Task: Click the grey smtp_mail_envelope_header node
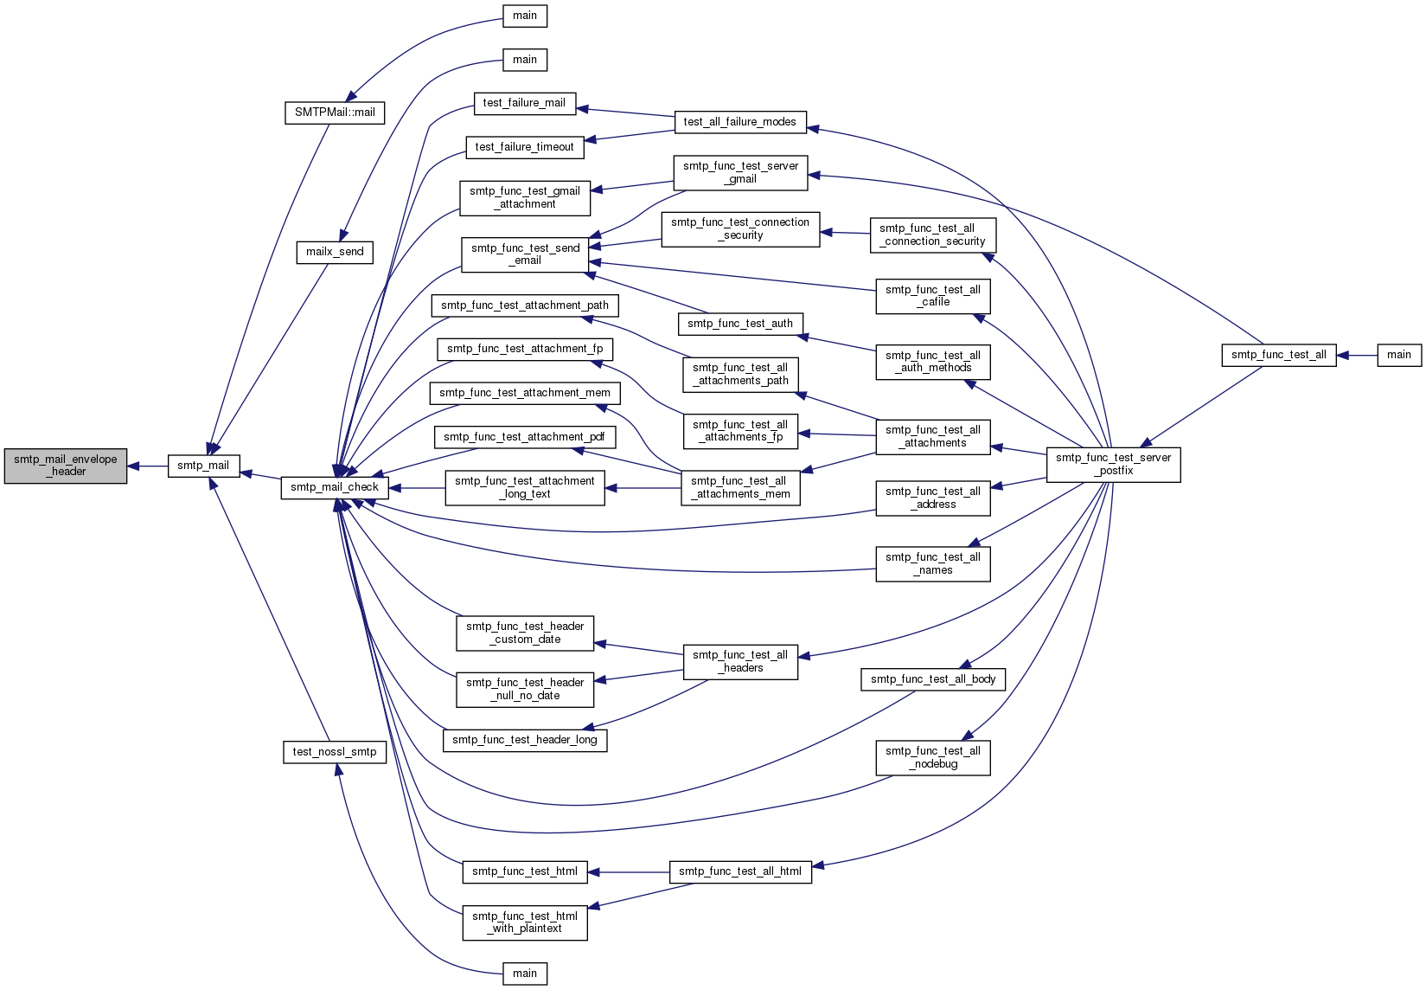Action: [x=66, y=466]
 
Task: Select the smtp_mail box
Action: [x=204, y=466]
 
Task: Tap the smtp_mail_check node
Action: [x=335, y=487]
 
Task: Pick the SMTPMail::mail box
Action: [x=335, y=112]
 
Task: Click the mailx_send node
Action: [x=335, y=253]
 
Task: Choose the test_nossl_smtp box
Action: [x=335, y=752]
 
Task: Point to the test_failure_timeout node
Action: [x=525, y=147]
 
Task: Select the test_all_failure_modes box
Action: [x=739, y=122]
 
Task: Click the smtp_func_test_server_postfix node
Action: [x=1114, y=465]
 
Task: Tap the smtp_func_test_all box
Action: [x=1279, y=356]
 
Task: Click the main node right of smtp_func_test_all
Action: [x=1399, y=356]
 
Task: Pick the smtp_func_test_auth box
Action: [x=740, y=325]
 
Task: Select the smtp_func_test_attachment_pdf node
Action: [x=525, y=437]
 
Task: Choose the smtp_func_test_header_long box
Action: [x=525, y=740]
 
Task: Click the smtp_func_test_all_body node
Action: [x=933, y=679]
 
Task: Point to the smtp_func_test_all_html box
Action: [x=740, y=871]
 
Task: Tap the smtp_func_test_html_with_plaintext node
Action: [x=525, y=922]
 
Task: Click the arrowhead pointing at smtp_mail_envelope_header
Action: [x=134, y=466]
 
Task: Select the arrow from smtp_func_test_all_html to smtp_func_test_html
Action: [x=629, y=871]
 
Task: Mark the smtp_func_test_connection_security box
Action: [x=740, y=229]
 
